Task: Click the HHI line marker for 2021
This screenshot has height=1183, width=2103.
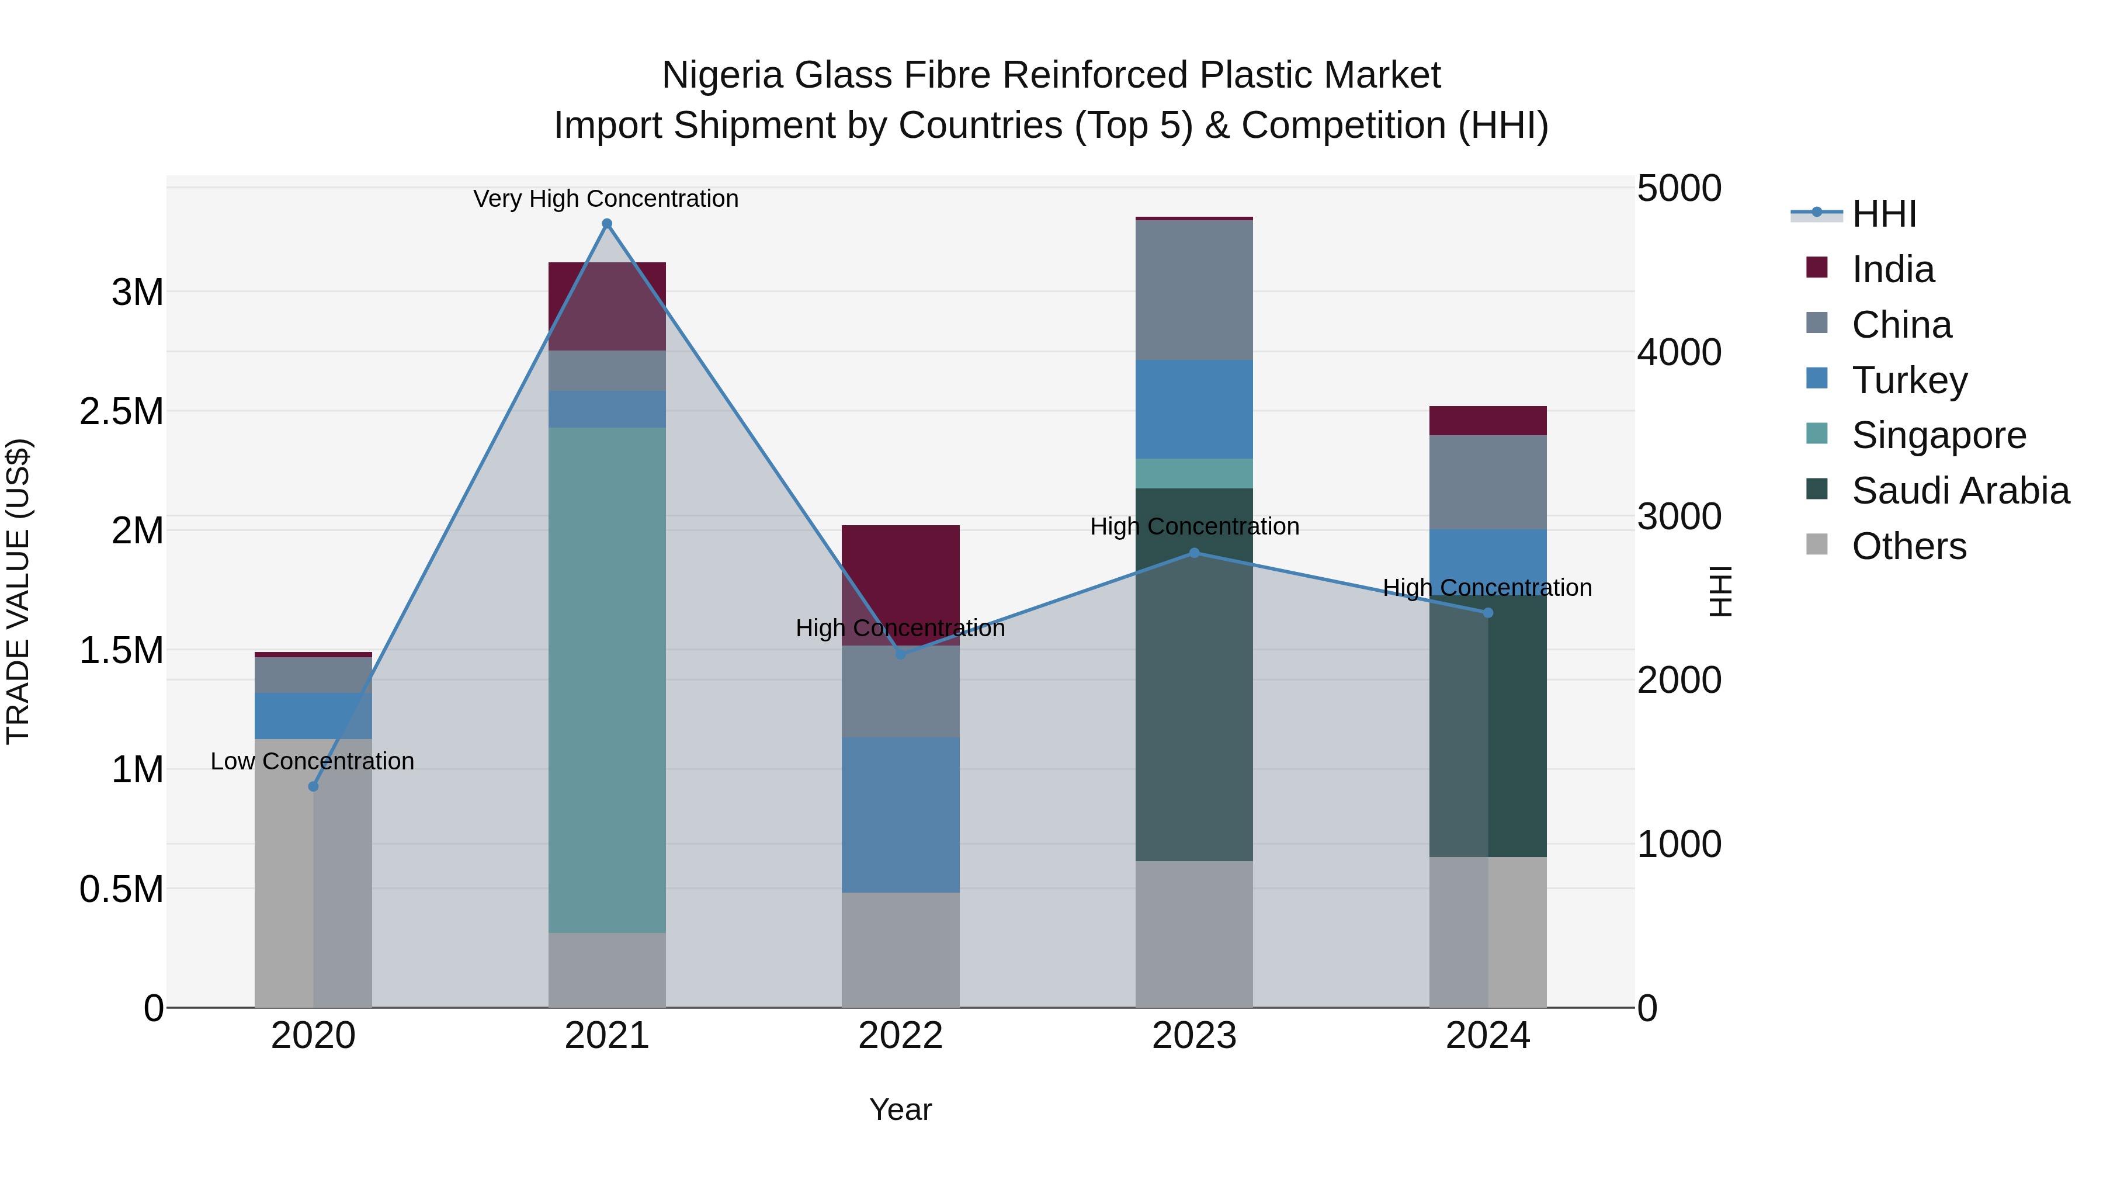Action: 606,224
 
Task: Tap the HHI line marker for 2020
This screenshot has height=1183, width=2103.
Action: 313,786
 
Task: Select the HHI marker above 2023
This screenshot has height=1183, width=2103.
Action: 1195,553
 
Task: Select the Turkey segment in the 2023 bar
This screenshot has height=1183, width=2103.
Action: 1195,408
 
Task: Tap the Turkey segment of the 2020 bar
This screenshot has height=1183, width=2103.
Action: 313,715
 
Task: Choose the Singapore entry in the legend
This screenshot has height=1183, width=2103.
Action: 1938,435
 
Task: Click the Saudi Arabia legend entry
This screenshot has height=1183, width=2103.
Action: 1959,491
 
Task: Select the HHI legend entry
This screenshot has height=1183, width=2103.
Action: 1883,214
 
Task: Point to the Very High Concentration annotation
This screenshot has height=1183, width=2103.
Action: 606,199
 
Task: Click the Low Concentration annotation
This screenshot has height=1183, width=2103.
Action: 312,761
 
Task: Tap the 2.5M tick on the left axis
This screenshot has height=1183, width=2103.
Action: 122,411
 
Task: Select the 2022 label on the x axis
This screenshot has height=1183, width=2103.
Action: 900,1036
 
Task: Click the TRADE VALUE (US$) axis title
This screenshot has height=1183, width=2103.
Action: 18,591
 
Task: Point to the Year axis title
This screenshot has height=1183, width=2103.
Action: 900,1109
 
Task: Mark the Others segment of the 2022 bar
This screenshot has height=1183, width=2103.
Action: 900,949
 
